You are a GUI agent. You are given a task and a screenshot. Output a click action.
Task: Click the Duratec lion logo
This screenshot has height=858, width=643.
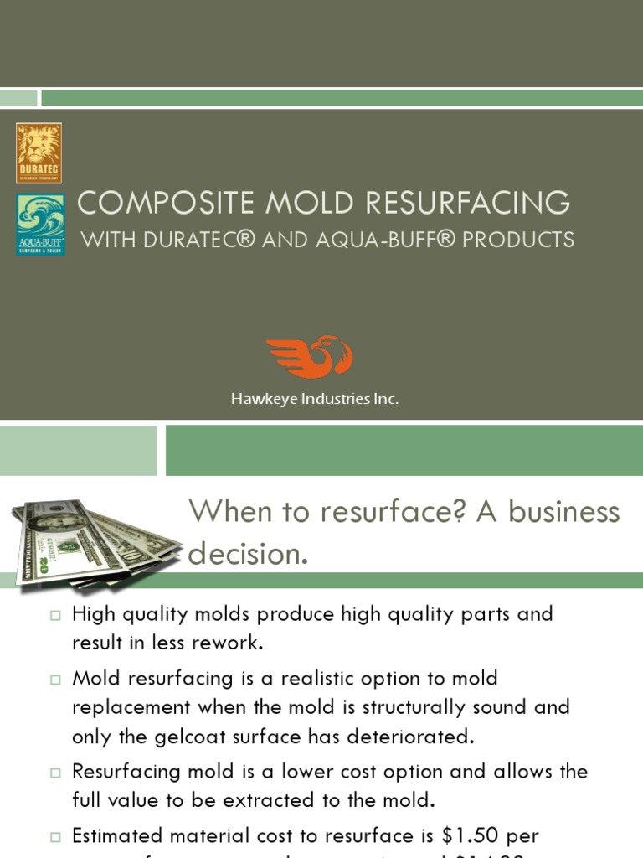tap(39, 152)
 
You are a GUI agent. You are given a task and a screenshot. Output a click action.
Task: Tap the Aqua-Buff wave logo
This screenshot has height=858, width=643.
tap(41, 224)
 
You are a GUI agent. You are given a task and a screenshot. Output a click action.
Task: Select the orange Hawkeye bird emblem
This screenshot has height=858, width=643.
tap(310, 357)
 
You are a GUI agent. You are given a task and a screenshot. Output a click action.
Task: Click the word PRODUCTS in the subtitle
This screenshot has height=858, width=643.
tap(519, 240)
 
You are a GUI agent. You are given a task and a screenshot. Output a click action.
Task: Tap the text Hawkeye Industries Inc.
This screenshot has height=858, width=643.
tap(315, 400)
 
